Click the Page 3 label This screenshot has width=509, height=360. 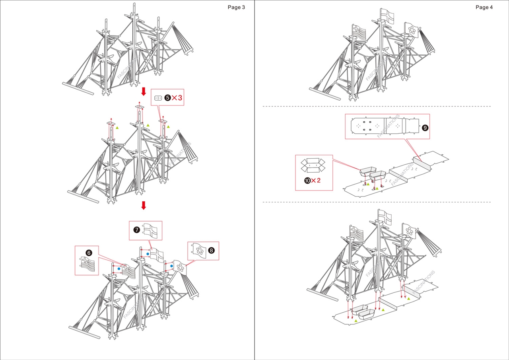(236, 7)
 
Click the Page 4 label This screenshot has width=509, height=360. (484, 7)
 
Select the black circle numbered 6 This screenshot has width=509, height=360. (89, 253)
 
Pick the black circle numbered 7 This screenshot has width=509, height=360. (136, 230)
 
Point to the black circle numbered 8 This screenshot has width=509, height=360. (211, 250)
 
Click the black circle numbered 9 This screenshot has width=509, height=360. (425, 128)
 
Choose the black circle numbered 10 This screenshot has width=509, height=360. (307, 181)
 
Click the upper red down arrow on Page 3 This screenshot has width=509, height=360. (144, 91)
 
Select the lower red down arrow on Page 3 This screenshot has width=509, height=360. (144, 205)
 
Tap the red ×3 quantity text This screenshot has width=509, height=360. (177, 98)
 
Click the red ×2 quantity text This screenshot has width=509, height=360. (316, 181)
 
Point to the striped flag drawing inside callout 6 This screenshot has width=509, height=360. (89, 265)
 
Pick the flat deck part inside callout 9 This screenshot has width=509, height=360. (384, 126)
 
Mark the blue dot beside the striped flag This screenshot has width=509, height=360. (119, 269)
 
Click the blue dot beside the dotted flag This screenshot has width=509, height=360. (172, 266)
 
